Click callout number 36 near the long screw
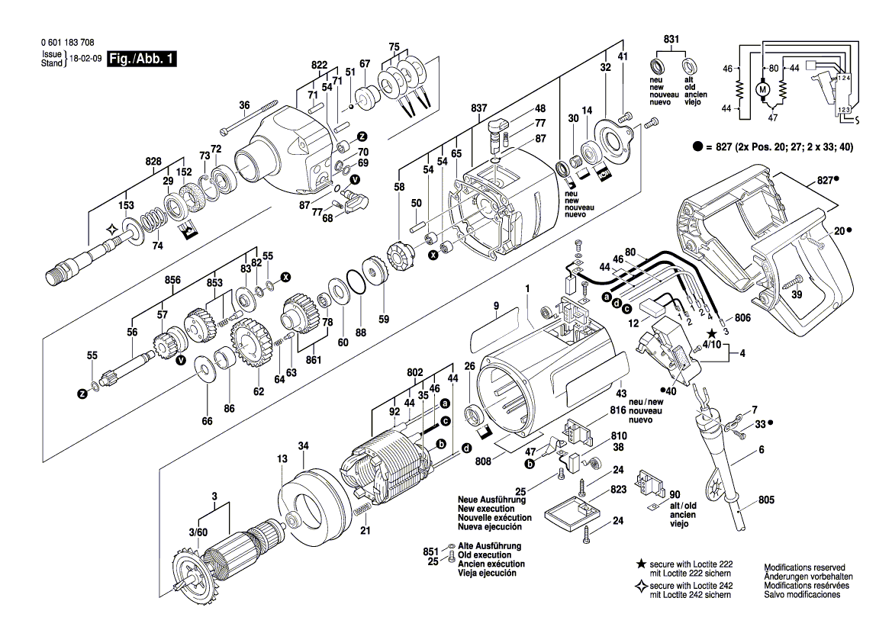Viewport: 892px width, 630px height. click(x=244, y=105)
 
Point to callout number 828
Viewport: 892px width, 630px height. click(x=153, y=162)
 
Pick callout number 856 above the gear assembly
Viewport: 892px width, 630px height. click(x=173, y=280)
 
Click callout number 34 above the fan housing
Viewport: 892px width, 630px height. click(x=303, y=445)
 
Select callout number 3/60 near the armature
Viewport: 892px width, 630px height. click(x=198, y=531)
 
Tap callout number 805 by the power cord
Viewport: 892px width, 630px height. click(x=767, y=500)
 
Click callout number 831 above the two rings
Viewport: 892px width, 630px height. click(x=671, y=39)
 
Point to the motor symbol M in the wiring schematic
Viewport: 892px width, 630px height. click(x=762, y=90)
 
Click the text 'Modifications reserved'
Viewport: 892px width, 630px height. click(x=804, y=567)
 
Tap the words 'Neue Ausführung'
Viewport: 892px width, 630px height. click(x=489, y=500)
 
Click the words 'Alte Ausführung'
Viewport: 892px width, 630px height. click(x=489, y=546)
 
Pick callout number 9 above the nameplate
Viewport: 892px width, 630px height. click(x=495, y=306)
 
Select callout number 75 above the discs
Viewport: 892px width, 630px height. click(x=394, y=47)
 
